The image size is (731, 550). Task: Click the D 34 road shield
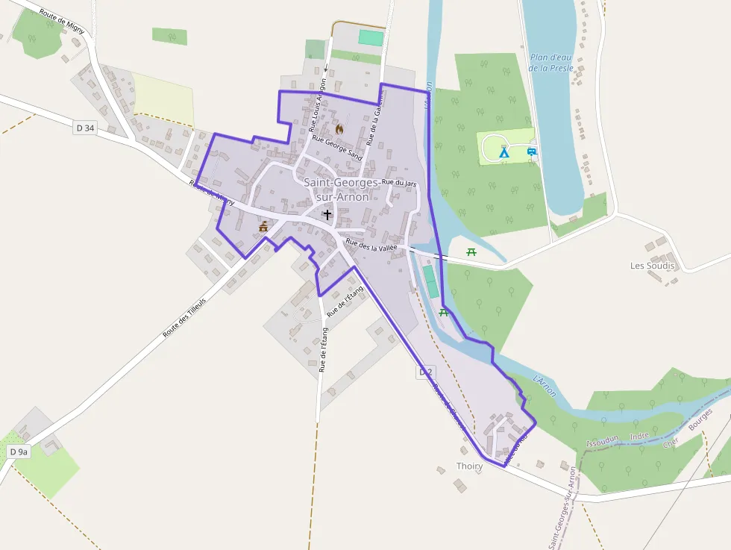85,128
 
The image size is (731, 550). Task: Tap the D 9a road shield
19,451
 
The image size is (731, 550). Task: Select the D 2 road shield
426,371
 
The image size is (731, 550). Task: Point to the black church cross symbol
327,214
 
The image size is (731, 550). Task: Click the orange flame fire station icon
339,129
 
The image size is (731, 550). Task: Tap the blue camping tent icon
503,152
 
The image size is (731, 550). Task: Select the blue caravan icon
532,151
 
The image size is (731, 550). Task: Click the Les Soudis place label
652,266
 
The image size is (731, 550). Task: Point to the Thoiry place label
469,466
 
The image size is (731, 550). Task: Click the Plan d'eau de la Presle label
551,62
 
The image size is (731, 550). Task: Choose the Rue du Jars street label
398,183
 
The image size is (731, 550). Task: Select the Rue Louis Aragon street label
317,104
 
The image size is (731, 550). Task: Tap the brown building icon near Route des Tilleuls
263,226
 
